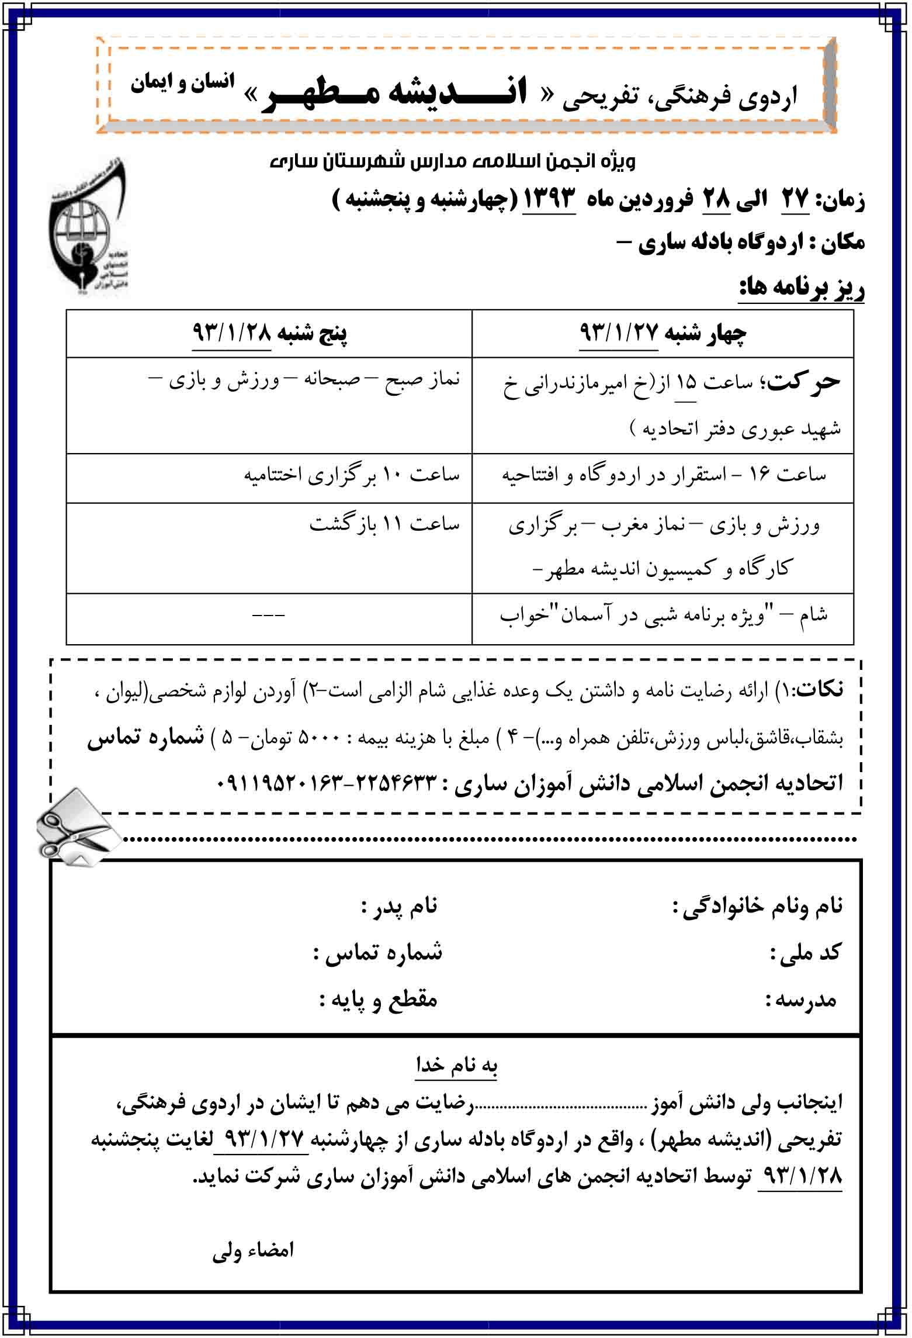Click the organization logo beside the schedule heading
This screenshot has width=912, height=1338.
pos(88,225)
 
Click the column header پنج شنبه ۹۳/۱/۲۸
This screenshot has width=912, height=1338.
pos(269,334)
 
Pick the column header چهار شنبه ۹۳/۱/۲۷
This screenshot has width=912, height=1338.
pos(662,334)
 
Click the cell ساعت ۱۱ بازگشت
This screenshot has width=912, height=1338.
pos(384,524)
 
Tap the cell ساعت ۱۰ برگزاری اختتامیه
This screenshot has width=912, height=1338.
pos(352,475)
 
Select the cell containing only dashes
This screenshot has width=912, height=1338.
pos(269,616)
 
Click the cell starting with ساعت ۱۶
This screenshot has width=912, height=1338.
pos(663,475)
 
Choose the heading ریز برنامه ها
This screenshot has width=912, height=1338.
pos(801,288)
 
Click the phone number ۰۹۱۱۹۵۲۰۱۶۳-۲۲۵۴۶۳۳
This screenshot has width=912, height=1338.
pos(327,783)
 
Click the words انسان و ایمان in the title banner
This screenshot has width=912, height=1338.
pos(182,83)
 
